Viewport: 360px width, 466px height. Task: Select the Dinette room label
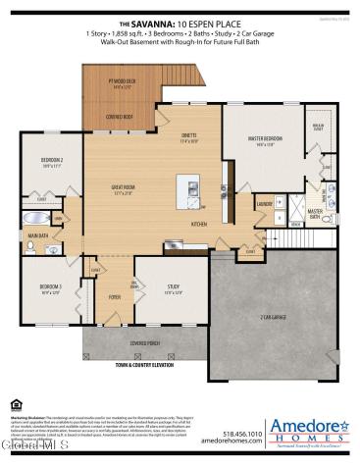191,138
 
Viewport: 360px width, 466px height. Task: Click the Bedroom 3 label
52,288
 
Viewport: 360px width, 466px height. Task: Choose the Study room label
173,289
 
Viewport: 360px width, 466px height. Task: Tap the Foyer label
115,295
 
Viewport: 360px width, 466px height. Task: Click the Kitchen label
199,225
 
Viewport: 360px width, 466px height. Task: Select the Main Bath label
38,235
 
